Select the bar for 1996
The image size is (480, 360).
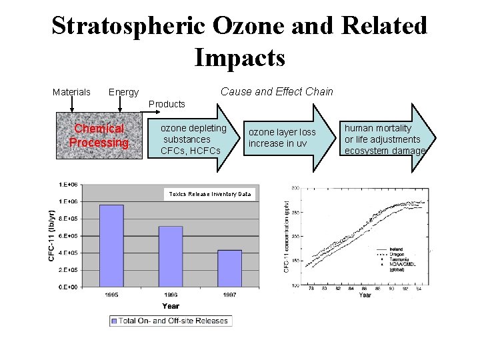tap(170, 256)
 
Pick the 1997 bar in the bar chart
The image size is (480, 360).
tap(229, 268)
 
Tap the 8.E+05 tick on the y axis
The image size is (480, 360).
tap(68, 218)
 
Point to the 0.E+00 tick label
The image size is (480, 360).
tap(68, 287)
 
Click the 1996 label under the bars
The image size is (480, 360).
tap(170, 295)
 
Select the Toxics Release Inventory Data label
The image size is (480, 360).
tap(210, 194)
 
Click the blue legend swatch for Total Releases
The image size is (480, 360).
tap(114, 321)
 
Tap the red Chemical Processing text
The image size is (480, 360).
tap(99, 136)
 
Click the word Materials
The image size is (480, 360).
tap(71, 92)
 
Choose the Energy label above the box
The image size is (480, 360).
tap(123, 92)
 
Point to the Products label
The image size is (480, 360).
tap(167, 104)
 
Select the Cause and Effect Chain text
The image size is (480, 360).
tap(277, 91)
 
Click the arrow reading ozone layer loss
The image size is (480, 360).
tap(287, 138)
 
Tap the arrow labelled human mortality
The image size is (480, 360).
tap(387, 139)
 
